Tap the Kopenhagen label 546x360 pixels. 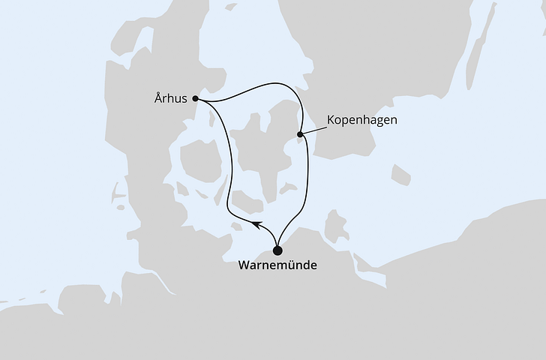(362, 120)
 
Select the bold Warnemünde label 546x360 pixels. (277, 265)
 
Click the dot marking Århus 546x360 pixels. (195, 98)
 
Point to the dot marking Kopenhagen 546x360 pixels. (300, 135)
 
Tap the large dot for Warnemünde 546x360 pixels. (277, 250)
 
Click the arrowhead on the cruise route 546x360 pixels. (256, 224)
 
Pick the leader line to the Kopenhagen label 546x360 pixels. (313, 129)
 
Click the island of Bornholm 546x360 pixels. (400, 175)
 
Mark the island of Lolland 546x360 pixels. (247, 201)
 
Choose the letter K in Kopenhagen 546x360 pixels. (331, 120)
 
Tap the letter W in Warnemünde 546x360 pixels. (242, 265)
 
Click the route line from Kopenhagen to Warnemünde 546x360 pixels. (307, 180)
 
